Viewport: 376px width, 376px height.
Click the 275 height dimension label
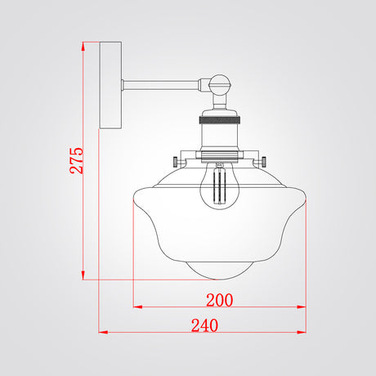tap(76, 160)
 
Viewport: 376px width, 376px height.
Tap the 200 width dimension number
tap(220, 300)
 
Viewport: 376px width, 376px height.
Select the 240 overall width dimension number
tap(204, 325)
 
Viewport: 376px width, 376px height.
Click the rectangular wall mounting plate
tap(110, 85)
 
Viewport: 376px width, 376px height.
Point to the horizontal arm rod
tap(161, 85)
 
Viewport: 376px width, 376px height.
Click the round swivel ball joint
tap(220, 85)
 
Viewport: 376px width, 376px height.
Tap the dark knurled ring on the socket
tap(220, 120)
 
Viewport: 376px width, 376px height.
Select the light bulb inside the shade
tap(220, 186)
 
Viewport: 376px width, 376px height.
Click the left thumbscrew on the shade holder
tap(176, 162)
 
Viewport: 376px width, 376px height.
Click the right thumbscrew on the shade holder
tap(263, 162)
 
